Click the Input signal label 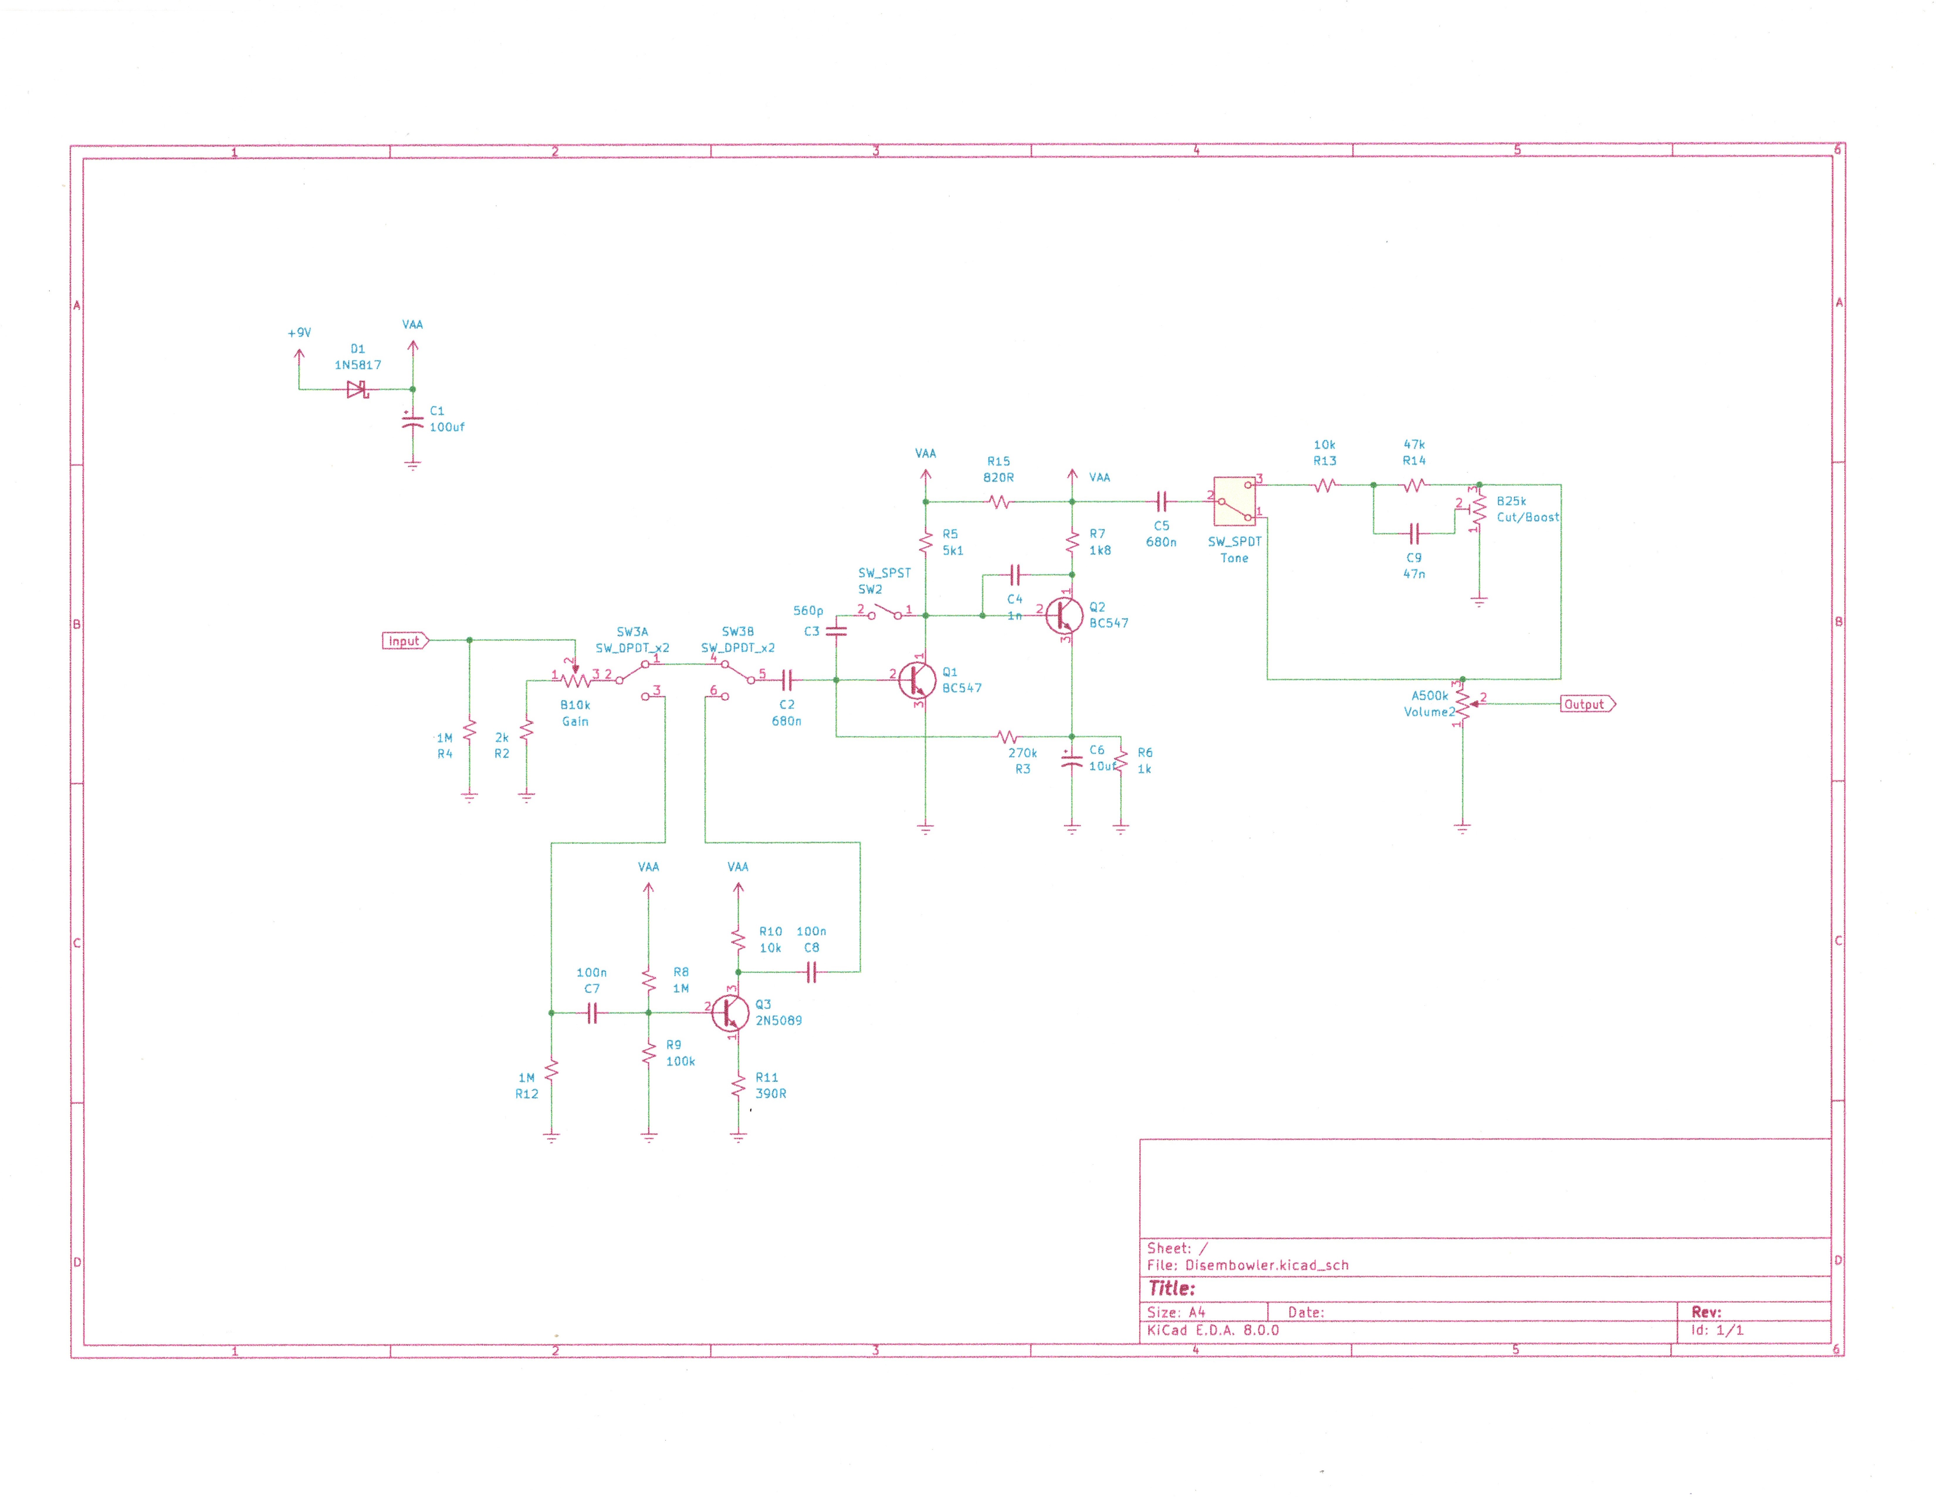404,640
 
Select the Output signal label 1586,704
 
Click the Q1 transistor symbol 916,680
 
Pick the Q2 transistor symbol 1063,615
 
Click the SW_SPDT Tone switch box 1234,501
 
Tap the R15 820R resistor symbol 999,502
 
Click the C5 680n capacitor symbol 1161,502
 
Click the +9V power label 299,333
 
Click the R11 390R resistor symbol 737,1085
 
